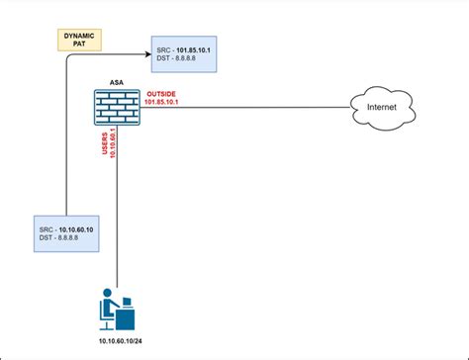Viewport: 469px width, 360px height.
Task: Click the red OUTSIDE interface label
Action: [x=162, y=92]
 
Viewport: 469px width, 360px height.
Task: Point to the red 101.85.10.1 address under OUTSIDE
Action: [x=165, y=101]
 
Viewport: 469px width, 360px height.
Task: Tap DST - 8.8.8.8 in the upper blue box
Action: [x=181, y=58]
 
